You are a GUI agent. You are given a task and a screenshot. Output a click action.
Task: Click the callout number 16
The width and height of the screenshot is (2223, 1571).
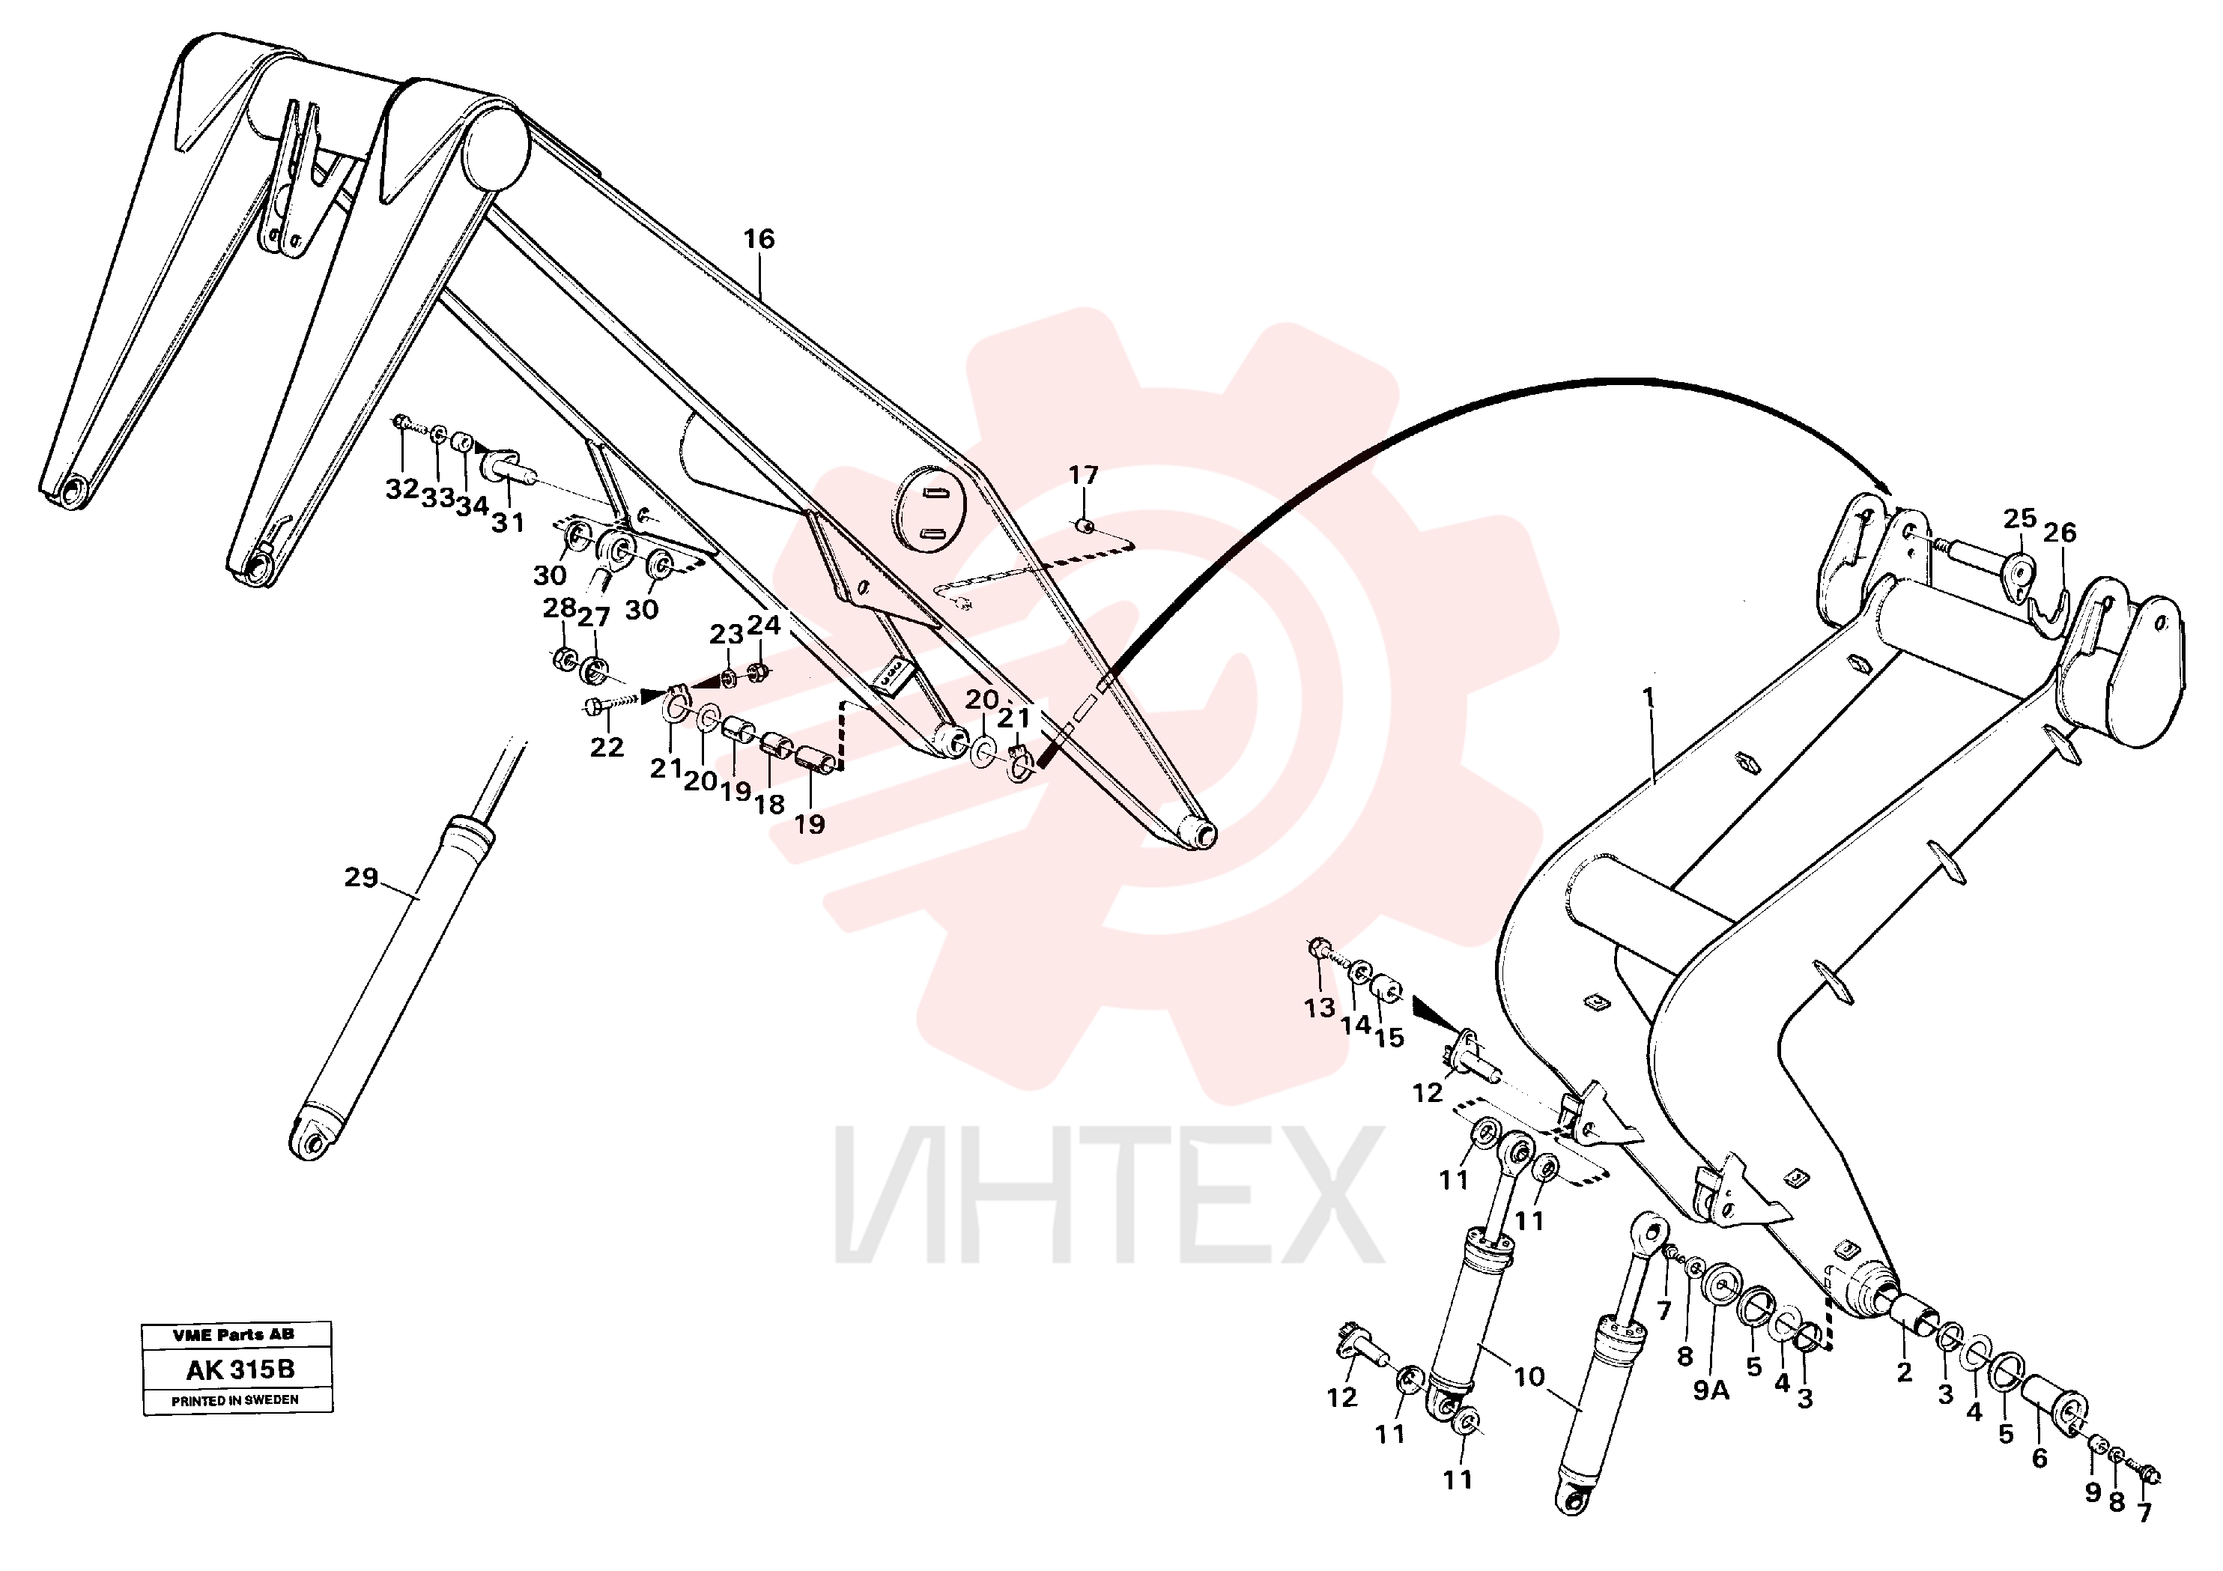coord(759,238)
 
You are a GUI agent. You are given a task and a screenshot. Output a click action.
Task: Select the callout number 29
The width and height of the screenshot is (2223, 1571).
coord(361,877)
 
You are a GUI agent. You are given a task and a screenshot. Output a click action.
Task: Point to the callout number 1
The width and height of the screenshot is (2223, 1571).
coord(1649,698)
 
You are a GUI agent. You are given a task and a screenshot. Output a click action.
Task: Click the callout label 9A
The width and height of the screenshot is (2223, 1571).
coord(1711,1391)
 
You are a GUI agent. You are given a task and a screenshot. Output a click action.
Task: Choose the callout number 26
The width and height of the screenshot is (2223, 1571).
coord(2060,533)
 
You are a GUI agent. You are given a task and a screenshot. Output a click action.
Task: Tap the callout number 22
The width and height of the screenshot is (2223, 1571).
coord(607,747)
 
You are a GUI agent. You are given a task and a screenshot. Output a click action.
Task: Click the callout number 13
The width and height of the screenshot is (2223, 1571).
coord(1319,1008)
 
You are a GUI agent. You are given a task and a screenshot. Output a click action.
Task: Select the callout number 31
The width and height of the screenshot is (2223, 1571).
coord(507,523)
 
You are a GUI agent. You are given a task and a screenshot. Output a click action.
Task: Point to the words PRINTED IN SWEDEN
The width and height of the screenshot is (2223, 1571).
coord(235,1400)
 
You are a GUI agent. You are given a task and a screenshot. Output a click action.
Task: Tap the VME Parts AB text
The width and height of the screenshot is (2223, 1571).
coord(234,1335)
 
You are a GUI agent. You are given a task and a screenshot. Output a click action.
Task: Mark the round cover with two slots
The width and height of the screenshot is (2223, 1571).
coord(929,509)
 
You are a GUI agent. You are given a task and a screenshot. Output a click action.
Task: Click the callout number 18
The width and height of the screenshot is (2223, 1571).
coord(770,804)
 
